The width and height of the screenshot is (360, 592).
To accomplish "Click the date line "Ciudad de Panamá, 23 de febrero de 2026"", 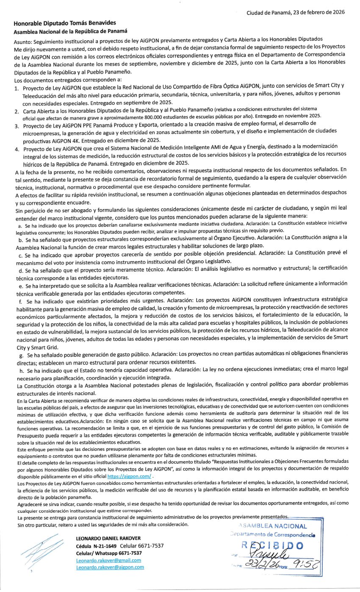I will click(x=296, y=13).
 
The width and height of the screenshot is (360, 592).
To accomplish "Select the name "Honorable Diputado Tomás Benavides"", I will click(x=64, y=23).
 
